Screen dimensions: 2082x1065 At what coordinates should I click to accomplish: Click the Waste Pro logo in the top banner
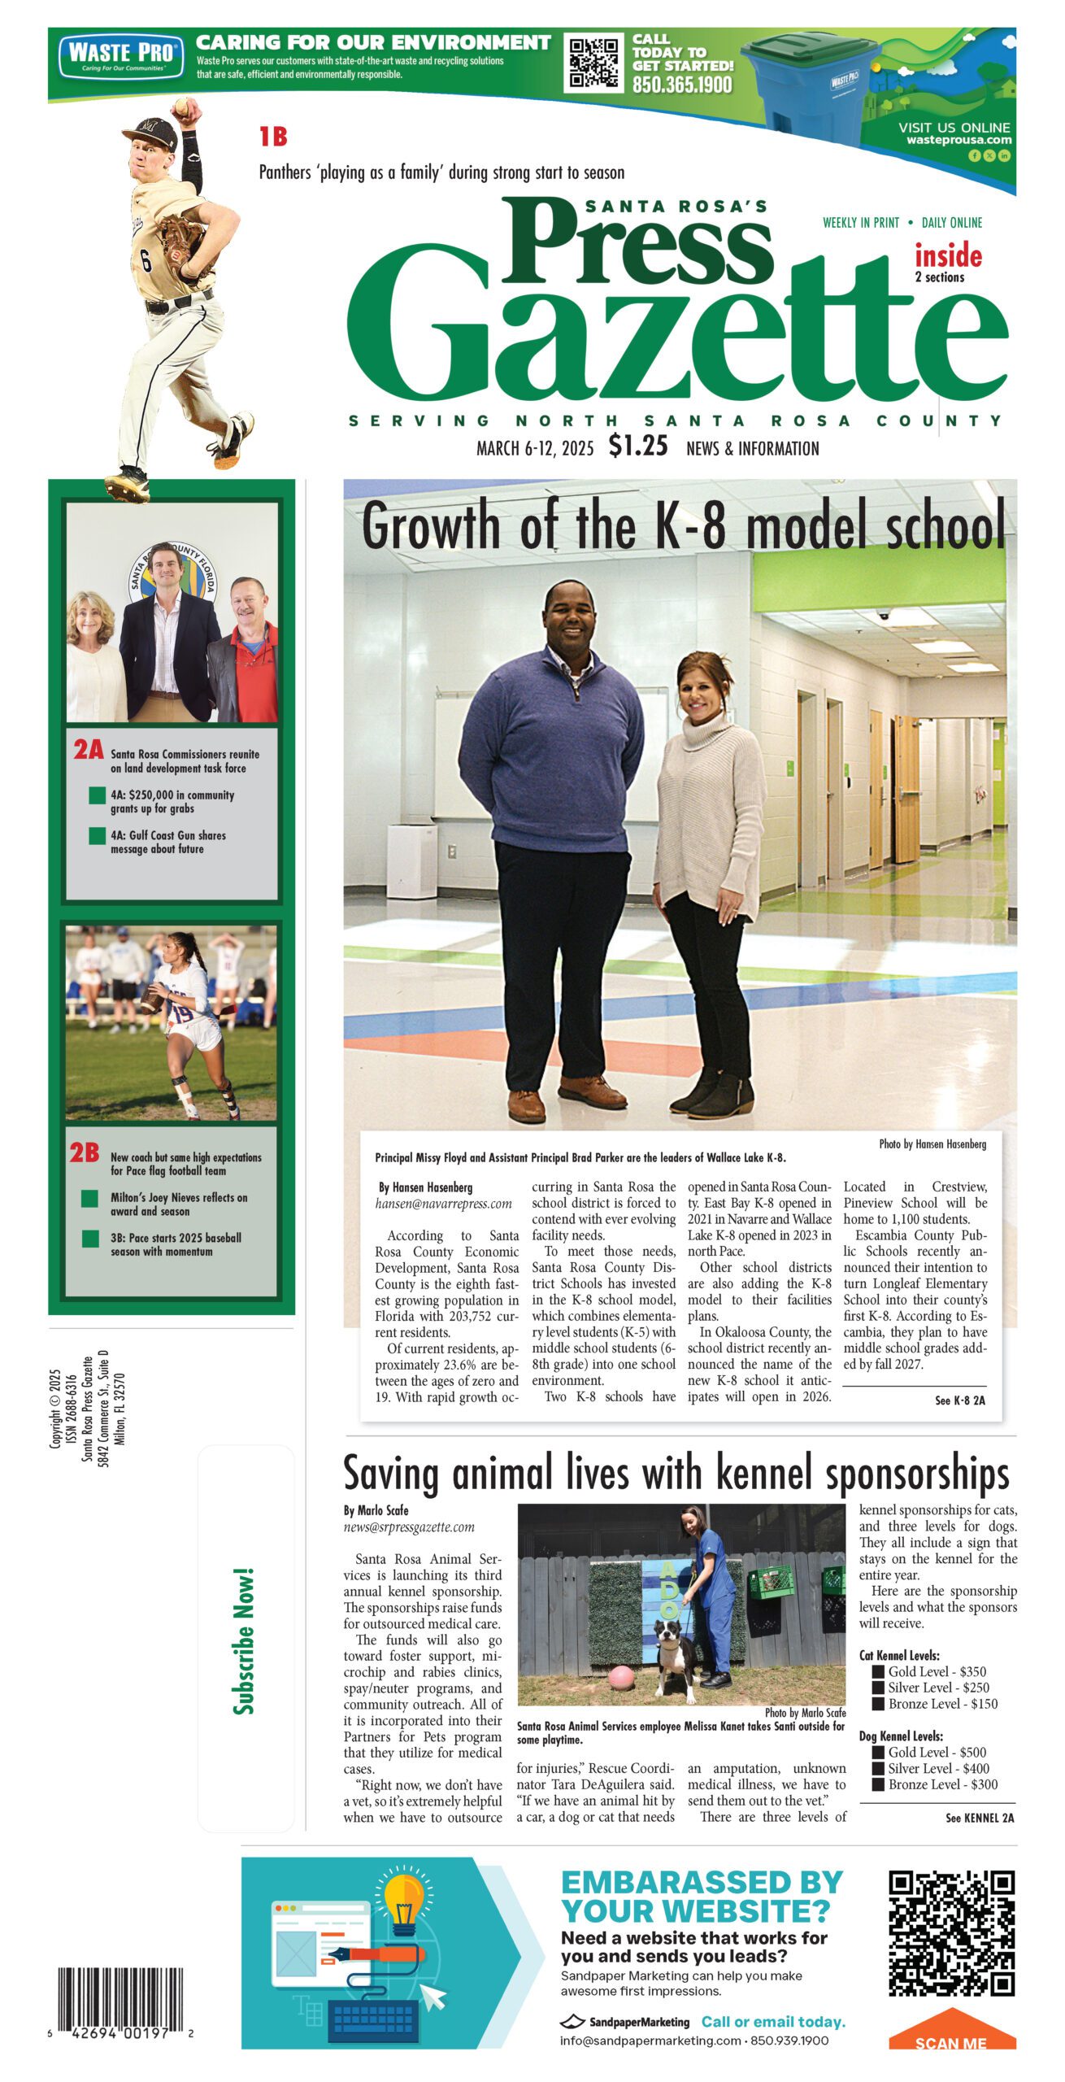click(119, 55)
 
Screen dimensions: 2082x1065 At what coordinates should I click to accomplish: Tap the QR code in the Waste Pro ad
click(593, 63)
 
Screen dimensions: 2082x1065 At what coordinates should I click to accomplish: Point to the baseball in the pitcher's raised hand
click(183, 107)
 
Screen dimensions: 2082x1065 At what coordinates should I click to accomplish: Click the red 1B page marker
click(273, 137)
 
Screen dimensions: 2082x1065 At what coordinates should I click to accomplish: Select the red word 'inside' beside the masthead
click(948, 256)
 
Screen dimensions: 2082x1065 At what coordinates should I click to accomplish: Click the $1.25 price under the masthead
click(638, 446)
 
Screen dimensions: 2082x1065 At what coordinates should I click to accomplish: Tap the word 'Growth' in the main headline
click(431, 525)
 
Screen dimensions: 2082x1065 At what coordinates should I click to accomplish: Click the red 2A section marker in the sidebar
click(88, 749)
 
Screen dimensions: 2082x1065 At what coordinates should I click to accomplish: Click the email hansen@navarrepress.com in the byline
click(443, 1204)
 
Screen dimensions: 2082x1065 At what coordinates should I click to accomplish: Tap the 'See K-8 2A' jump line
click(959, 1400)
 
